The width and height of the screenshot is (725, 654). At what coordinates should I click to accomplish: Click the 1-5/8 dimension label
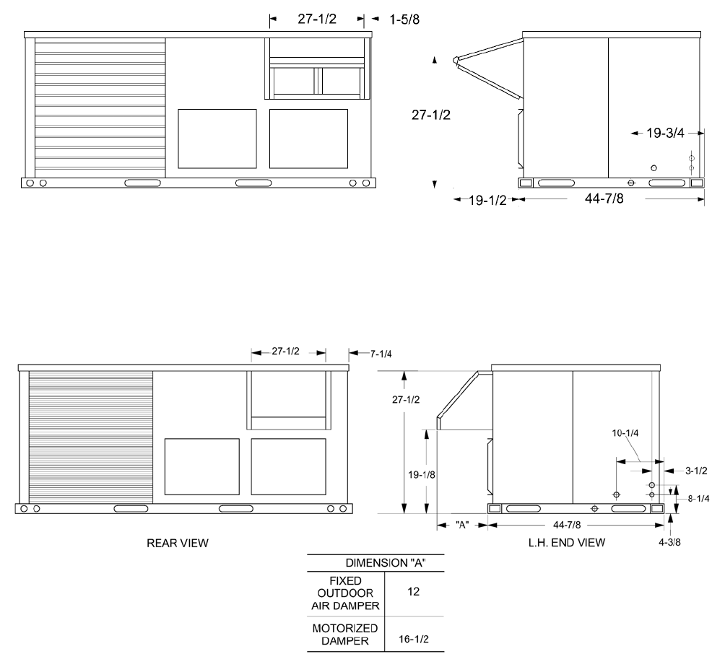[x=404, y=19]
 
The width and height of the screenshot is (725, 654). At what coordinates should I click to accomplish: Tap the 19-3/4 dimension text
[x=665, y=133]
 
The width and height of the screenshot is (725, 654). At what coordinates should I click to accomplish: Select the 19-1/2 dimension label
[x=488, y=200]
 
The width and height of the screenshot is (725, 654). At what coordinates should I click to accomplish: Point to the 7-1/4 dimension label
[x=381, y=354]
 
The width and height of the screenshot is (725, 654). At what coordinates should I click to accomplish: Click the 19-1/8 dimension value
[x=421, y=475]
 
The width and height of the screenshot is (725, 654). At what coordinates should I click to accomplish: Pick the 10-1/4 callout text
[x=625, y=433]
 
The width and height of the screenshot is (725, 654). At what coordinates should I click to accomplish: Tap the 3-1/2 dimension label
[x=696, y=471]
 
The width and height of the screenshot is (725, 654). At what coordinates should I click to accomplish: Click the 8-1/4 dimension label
[x=699, y=498]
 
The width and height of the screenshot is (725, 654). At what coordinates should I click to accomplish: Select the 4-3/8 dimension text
[x=669, y=542]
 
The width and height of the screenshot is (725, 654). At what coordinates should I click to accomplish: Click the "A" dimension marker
[x=462, y=525]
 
